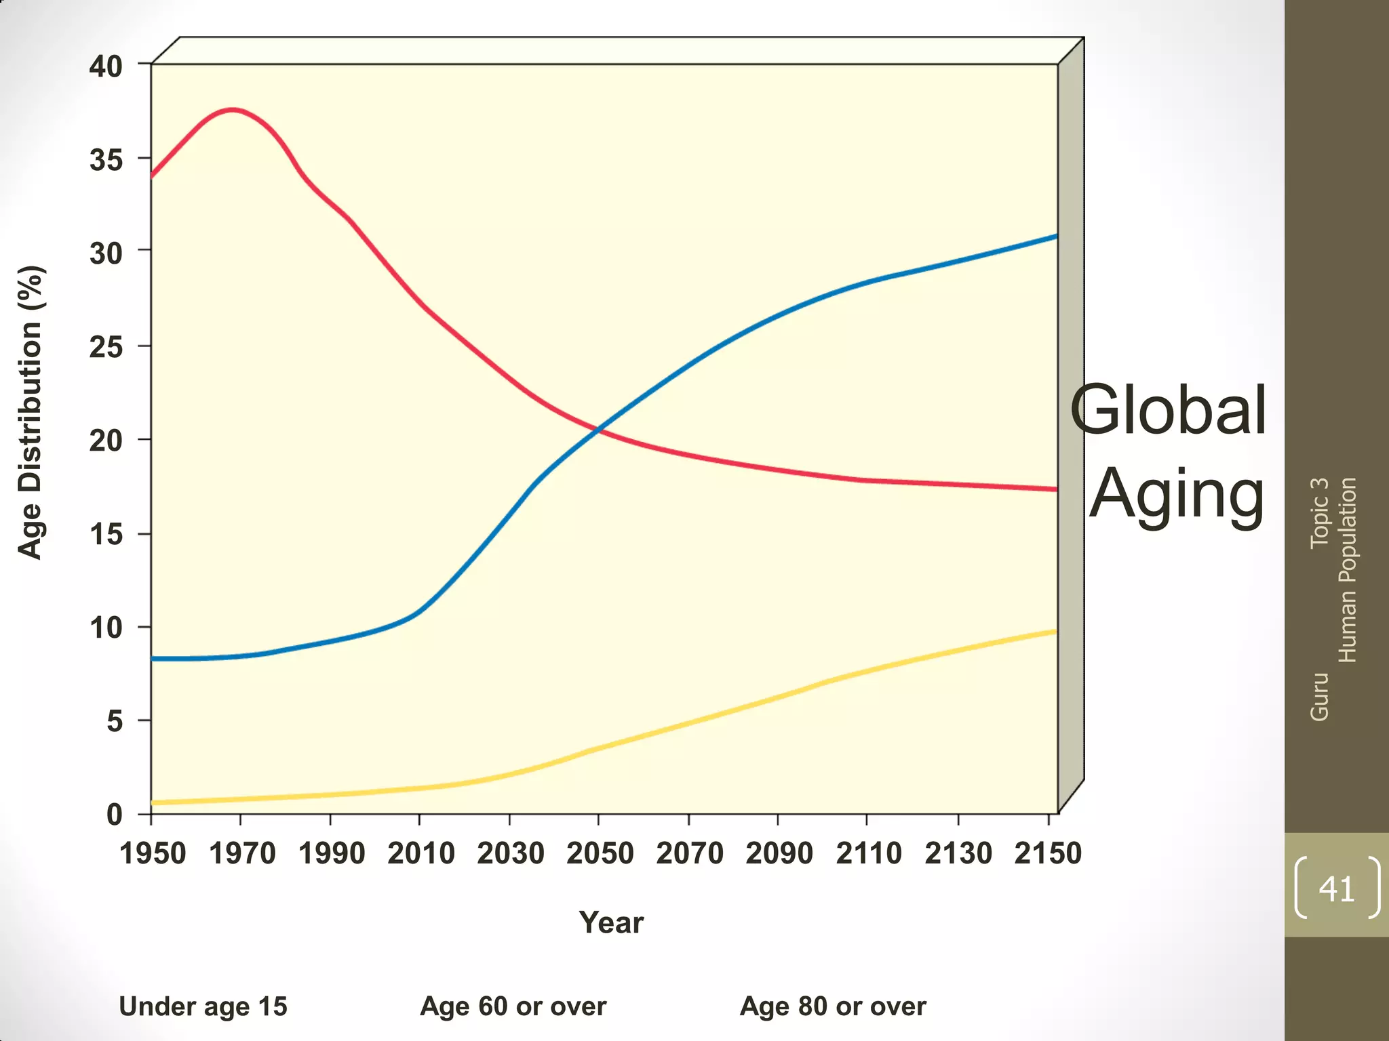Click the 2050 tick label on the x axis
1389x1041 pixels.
click(x=600, y=853)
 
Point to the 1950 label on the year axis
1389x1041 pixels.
click(x=153, y=853)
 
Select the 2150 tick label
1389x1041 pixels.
click(x=1047, y=853)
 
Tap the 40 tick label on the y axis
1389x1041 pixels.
click(x=106, y=66)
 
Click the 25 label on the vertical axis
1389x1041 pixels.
click(x=106, y=347)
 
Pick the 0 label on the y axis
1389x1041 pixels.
click(x=115, y=814)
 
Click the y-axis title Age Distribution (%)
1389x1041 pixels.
click(x=31, y=412)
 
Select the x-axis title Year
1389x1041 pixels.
click(x=611, y=922)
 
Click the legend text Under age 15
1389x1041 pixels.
click(x=203, y=1006)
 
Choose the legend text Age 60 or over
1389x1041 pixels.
click(x=513, y=1006)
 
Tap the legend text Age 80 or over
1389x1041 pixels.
click(x=833, y=1006)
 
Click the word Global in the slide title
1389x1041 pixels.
click(x=1168, y=410)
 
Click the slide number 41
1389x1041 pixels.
click(x=1336, y=888)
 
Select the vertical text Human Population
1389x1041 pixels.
click(x=1348, y=569)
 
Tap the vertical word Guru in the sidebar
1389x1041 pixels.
click(x=1319, y=696)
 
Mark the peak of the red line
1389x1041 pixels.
click(x=233, y=109)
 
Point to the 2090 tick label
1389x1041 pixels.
click(x=779, y=853)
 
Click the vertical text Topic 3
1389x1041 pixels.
click(x=1319, y=512)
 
